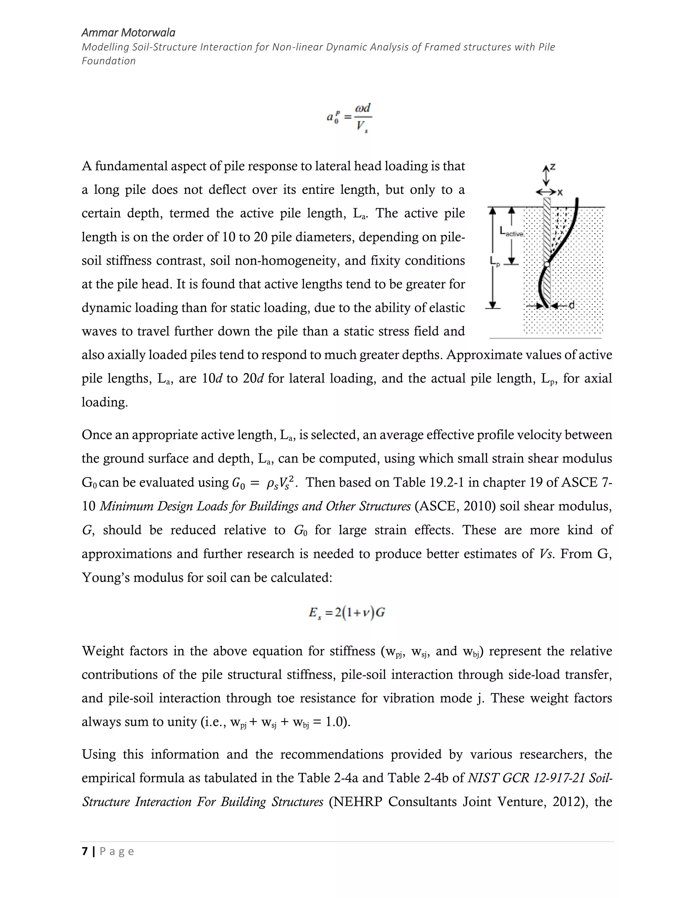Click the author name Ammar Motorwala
pyautogui.click(x=128, y=33)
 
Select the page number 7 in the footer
pyautogui.click(x=85, y=851)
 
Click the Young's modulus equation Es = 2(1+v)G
pyautogui.click(x=347, y=613)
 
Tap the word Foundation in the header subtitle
pyautogui.click(x=108, y=61)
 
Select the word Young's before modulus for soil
pyautogui.click(x=105, y=578)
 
